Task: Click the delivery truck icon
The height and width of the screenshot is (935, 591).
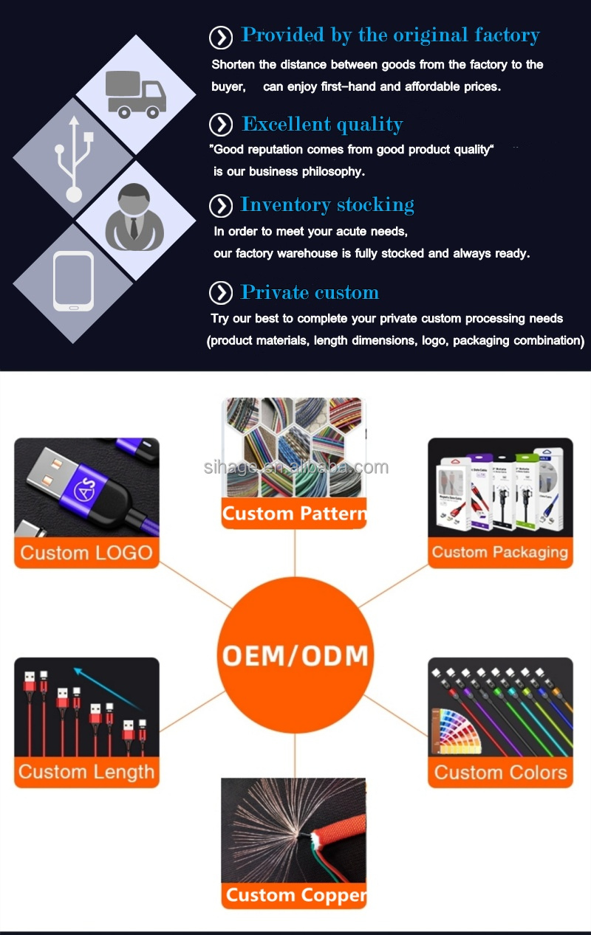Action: point(135,94)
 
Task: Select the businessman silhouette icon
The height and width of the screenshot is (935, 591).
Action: point(134,218)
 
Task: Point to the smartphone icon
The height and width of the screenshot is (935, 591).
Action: point(73,281)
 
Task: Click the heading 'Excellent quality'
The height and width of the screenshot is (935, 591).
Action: point(322,124)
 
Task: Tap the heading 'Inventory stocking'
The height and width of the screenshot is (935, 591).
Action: point(327,204)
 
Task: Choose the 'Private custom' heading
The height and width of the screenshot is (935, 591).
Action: point(310,292)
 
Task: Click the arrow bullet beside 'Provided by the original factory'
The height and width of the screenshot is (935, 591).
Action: point(221,37)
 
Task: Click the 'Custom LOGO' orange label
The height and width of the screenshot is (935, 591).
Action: point(86,553)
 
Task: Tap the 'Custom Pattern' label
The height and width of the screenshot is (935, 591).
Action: point(294,514)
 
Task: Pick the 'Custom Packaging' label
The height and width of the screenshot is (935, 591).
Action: point(500,553)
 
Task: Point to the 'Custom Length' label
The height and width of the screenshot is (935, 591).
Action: point(86,773)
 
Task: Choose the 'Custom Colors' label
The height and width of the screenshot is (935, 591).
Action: point(500,773)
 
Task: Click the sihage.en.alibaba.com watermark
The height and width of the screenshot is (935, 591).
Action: point(295,467)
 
